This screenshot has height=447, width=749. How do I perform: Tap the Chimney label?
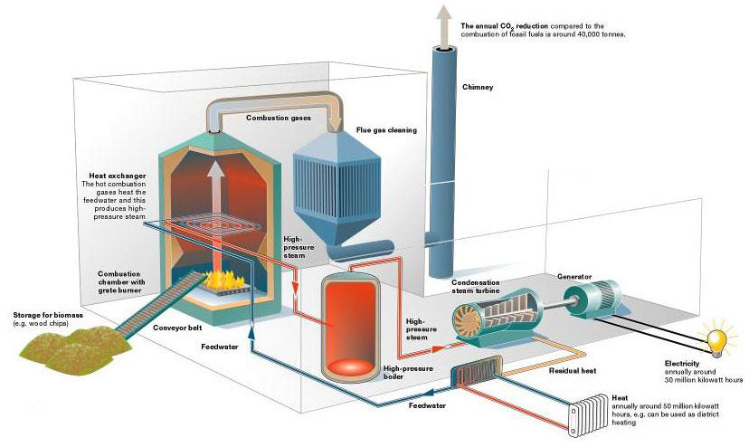478,87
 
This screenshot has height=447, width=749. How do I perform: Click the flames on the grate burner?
223,280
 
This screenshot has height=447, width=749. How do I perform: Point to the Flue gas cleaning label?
386,130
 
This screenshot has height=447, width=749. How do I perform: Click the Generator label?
574,277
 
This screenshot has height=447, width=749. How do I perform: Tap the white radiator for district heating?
588,415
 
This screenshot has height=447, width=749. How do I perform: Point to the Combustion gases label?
279,118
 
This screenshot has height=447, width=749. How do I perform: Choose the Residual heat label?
573,370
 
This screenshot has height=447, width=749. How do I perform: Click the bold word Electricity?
682,364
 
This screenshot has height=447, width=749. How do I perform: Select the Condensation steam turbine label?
475,287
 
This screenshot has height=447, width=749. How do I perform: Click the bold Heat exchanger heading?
117,176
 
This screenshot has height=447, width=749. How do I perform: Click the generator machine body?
593,299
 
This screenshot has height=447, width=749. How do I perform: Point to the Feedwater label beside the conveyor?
219,347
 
